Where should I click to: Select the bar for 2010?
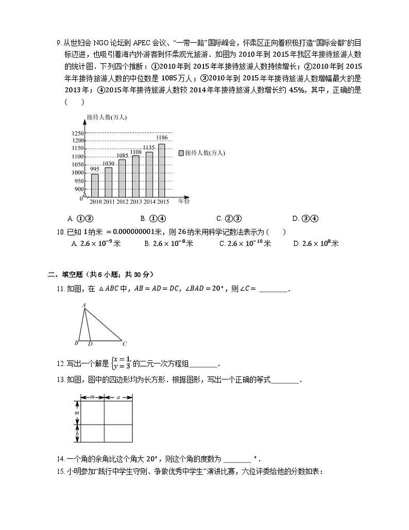(x=95, y=185)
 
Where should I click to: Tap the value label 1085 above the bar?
(x=122, y=156)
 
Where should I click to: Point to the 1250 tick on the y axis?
(x=77, y=133)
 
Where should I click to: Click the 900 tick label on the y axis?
(x=79, y=189)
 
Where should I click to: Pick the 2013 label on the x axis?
(x=136, y=202)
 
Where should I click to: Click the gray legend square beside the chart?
(x=181, y=153)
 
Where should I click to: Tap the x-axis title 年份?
(x=184, y=201)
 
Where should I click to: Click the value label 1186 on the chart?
(x=162, y=137)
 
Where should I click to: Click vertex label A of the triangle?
(x=83, y=306)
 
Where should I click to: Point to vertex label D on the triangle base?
(x=90, y=343)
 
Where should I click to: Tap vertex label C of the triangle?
(x=125, y=343)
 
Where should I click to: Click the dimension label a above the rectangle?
(x=118, y=397)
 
